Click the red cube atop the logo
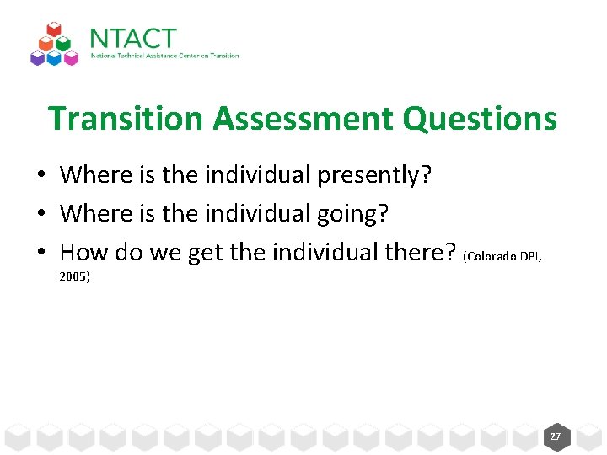[55, 30]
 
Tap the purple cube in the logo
[37, 57]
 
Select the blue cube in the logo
[55, 57]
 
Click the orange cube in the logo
[46, 44]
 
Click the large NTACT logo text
[133, 39]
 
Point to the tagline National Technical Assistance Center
[164, 56]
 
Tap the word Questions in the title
[480, 118]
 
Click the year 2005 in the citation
[75, 276]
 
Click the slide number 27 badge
[556, 436]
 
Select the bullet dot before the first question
[40, 176]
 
